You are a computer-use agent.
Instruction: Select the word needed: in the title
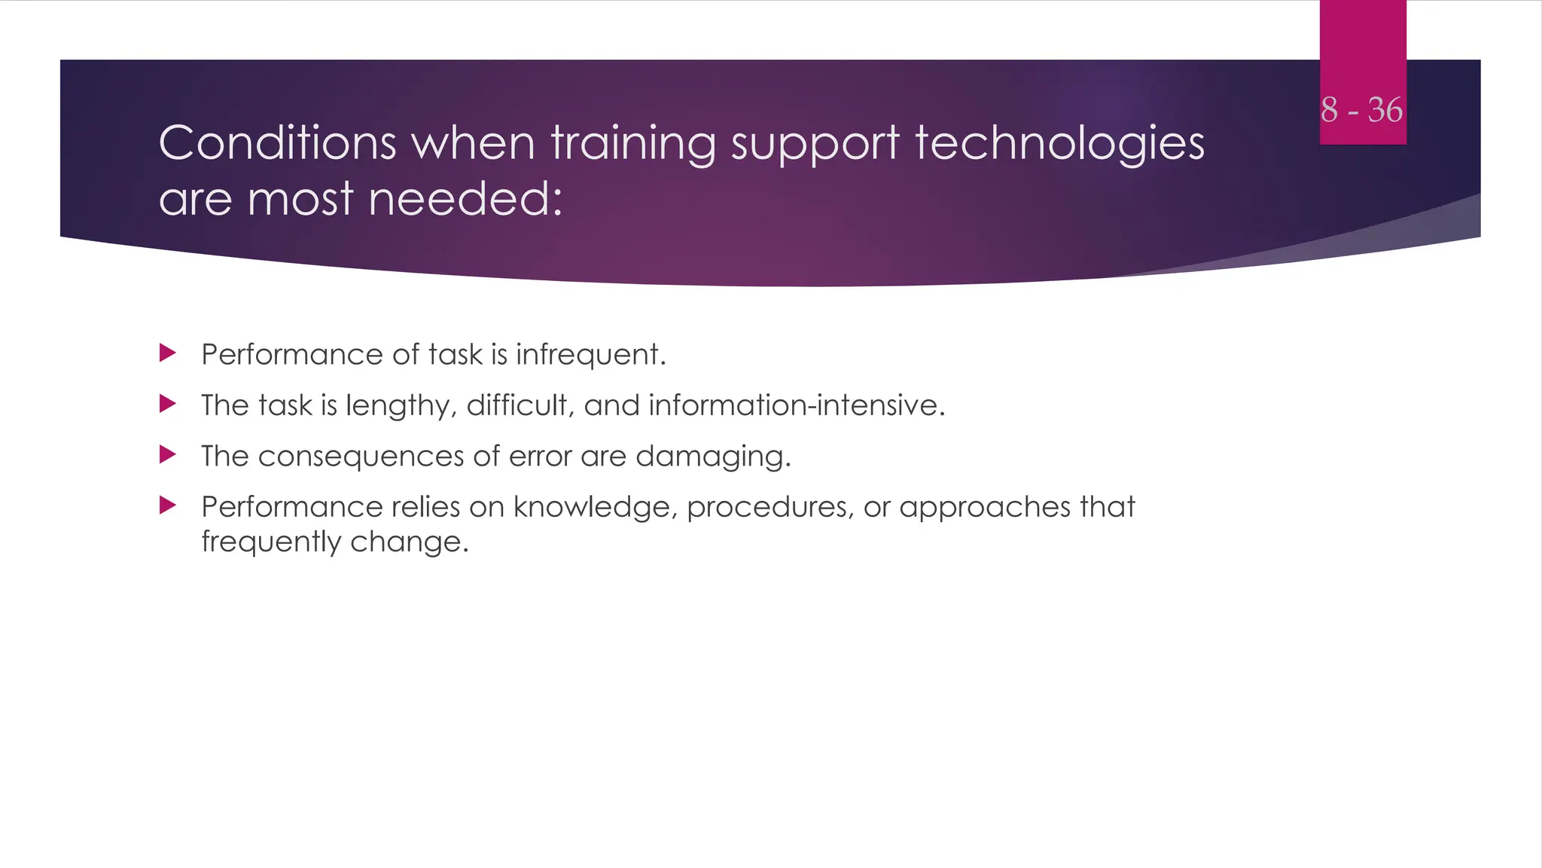(x=465, y=200)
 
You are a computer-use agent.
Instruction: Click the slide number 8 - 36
(x=1361, y=110)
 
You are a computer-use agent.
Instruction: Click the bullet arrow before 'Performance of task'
(x=168, y=353)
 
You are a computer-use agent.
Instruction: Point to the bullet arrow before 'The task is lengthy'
(x=168, y=404)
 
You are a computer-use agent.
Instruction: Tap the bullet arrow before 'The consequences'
(x=168, y=454)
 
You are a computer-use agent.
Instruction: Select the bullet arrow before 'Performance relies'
(x=168, y=505)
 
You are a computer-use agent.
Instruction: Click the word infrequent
(x=590, y=355)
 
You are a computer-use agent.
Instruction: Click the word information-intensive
(x=796, y=405)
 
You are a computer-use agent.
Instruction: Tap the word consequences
(x=361, y=457)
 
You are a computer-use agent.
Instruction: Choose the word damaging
(x=713, y=457)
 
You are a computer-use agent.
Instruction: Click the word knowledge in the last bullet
(x=596, y=507)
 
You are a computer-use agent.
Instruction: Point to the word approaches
(x=984, y=507)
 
